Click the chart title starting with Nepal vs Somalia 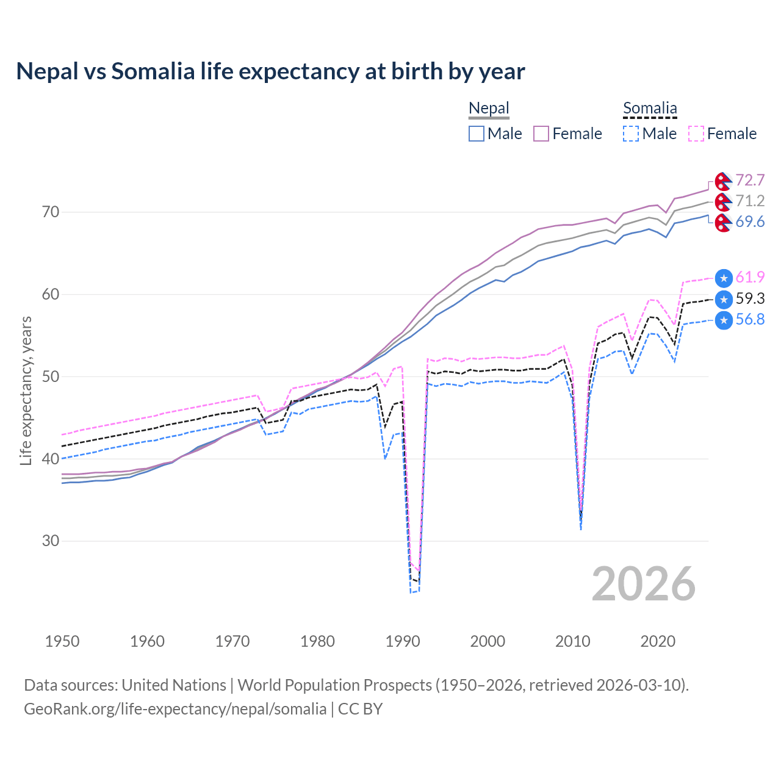[x=270, y=71]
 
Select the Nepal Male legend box [x=477, y=134]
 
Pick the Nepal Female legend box [x=541, y=134]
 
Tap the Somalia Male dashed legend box [x=631, y=134]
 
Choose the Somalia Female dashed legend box [x=696, y=134]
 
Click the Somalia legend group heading [x=650, y=109]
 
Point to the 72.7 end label [x=750, y=180]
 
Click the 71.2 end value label [x=750, y=201]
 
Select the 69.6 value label [x=750, y=221]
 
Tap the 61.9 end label [x=750, y=277]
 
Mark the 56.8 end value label [x=750, y=319]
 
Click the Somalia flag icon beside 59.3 [x=724, y=299]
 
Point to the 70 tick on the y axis [x=51, y=212]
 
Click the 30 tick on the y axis [x=51, y=541]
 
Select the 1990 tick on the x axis [x=403, y=641]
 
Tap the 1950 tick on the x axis [x=62, y=641]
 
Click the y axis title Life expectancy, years [x=26, y=390]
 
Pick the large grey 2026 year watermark [x=644, y=584]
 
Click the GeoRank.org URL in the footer [x=175, y=709]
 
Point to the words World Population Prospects [x=334, y=685]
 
